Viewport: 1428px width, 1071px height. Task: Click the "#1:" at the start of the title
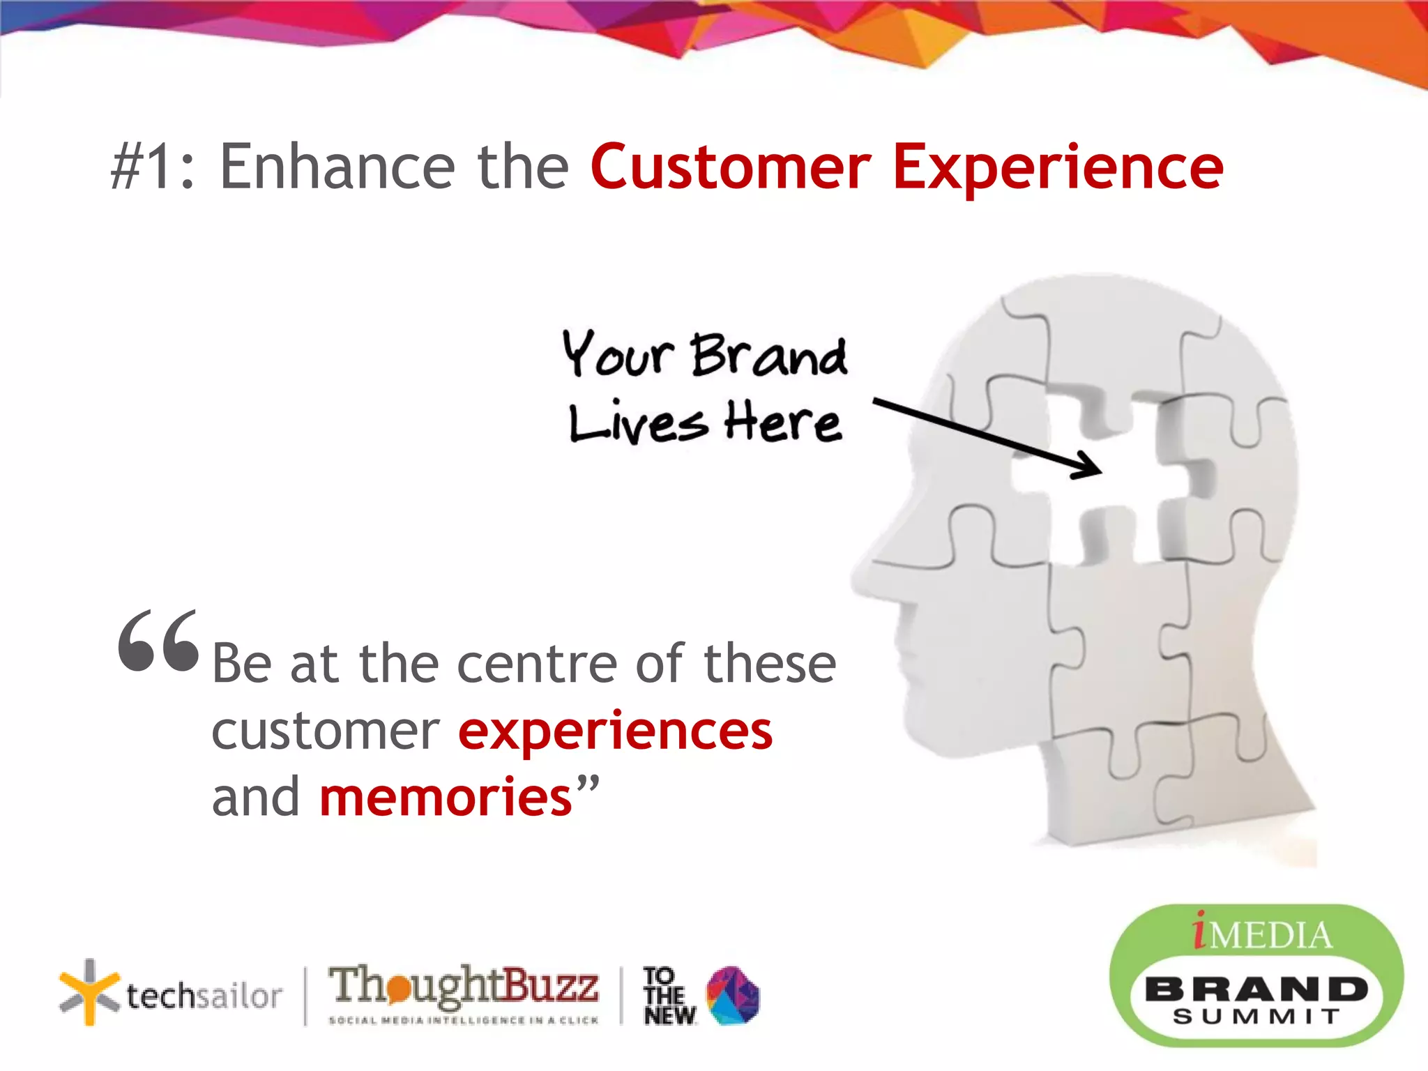pyautogui.click(x=153, y=167)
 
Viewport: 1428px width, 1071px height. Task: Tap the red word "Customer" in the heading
pyautogui.click(x=731, y=167)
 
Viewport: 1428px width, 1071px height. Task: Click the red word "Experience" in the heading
pyautogui.click(x=1058, y=167)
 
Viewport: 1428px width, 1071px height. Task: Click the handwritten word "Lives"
pyautogui.click(x=638, y=423)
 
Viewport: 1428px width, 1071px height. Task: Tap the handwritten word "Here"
pyautogui.click(x=782, y=422)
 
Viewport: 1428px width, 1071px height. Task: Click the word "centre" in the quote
pyautogui.click(x=537, y=664)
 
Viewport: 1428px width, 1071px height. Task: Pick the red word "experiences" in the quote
pyautogui.click(x=615, y=731)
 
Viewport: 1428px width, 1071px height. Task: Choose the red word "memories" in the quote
pyautogui.click(x=446, y=797)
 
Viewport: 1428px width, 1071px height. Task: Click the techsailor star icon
pyautogui.click(x=88, y=992)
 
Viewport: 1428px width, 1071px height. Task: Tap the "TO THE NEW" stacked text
pyautogui.click(x=668, y=996)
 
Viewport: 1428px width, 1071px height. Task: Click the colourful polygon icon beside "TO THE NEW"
pyautogui.click(x=733, y=995)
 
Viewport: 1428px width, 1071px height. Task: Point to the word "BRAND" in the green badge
pyautogui.click(x=1256, y=989)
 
